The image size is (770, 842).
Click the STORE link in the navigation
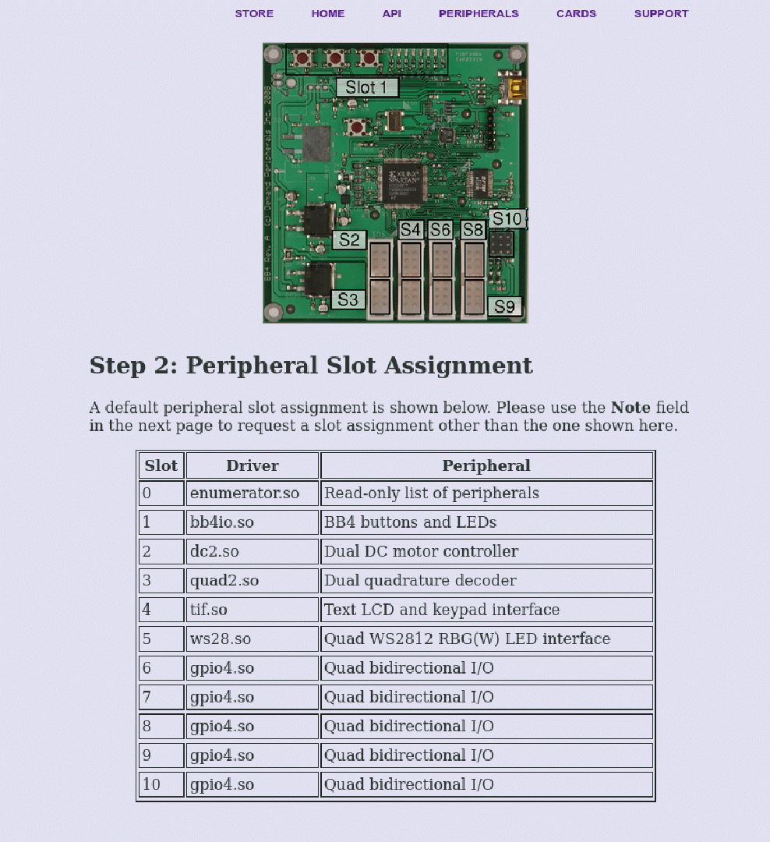point(254,13)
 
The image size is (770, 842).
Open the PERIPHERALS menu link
point(479,13)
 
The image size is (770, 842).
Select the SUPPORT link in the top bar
point(661,13)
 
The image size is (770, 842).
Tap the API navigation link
point(392,13)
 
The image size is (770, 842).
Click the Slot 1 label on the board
point(367,87)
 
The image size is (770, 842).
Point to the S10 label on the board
point(507,219)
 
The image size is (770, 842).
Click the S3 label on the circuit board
point(348,299)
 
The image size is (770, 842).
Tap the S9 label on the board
point(504,306)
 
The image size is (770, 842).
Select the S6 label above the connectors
point(440,230)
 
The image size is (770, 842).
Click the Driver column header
point(252,465)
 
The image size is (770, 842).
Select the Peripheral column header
point(486,465)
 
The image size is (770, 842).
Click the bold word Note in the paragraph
point(630,408)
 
